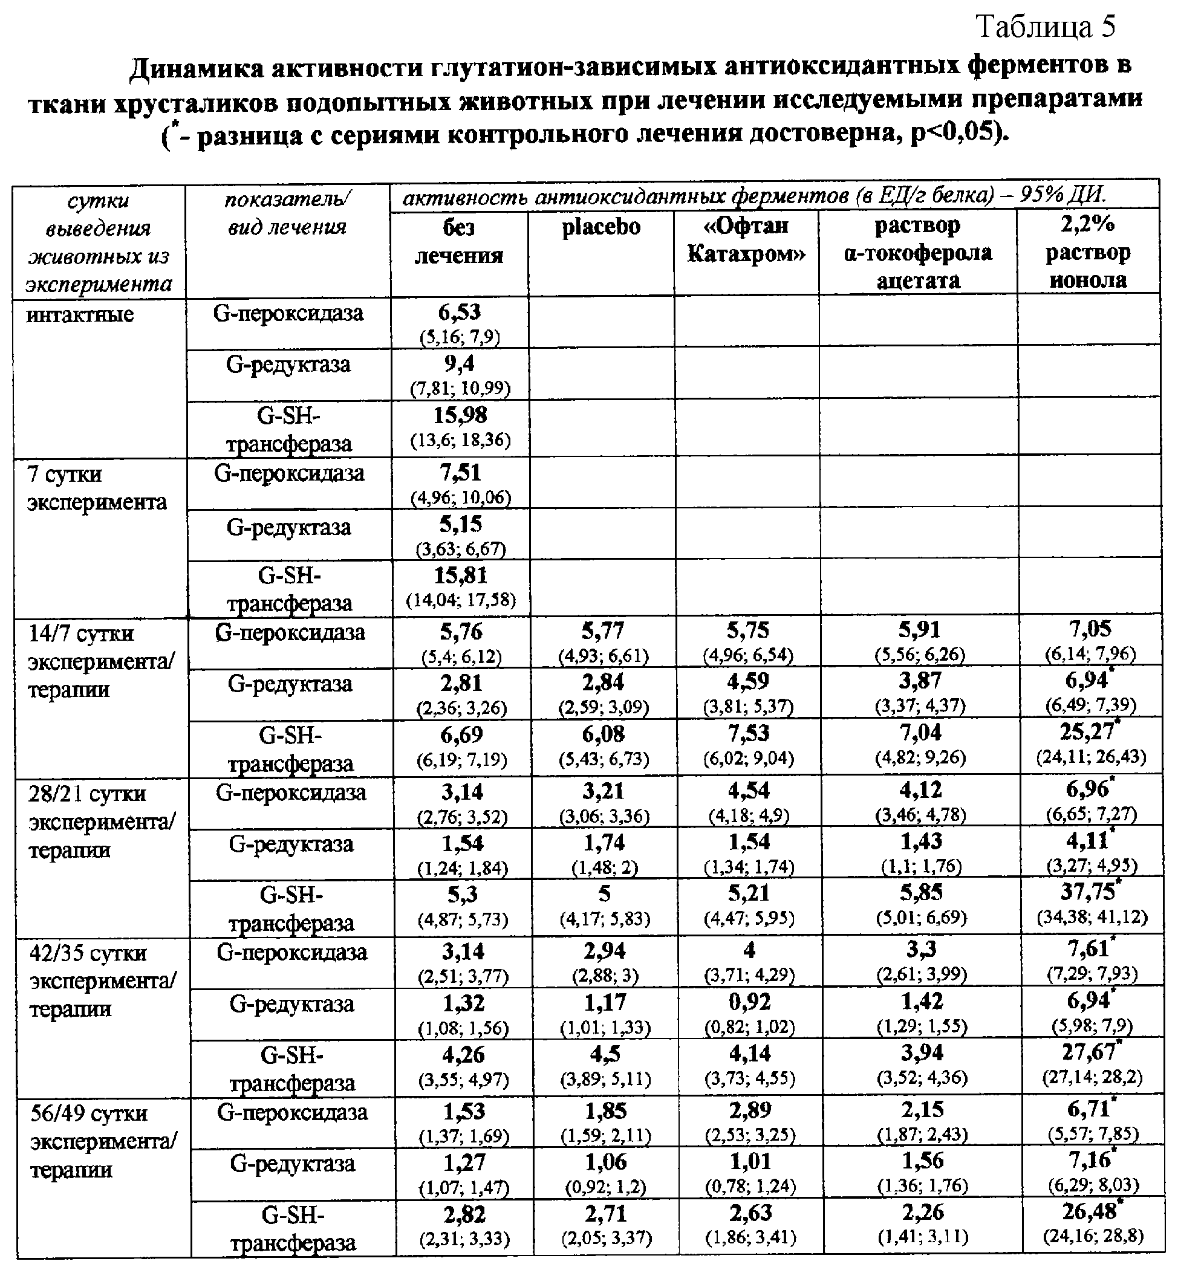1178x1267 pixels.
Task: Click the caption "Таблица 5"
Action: click(1046, 27)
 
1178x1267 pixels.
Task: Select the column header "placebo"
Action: click(601, 226)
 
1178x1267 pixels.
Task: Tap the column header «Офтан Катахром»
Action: click(746, 239)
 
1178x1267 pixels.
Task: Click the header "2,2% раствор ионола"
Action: click(1087, 253)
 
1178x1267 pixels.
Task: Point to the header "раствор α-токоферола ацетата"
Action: click(918, 253)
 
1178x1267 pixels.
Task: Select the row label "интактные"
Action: click(80, 315)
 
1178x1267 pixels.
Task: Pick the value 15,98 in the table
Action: click(460, 416)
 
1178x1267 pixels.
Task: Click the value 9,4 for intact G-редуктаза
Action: click(460, 364)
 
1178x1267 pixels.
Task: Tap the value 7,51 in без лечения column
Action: click(460, 473)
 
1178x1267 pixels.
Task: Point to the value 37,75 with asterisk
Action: click(1087, 892)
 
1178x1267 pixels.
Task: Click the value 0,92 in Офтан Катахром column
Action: click(749, 1002)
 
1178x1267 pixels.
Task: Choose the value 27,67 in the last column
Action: click(1089, 1052)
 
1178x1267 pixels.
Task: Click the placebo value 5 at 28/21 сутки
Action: click(604, 894)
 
